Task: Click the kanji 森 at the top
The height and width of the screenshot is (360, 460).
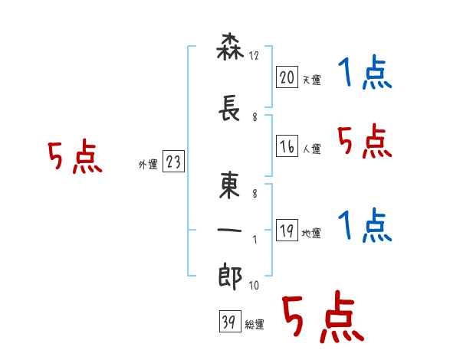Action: point(230,50)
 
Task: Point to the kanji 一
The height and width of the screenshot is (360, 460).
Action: point(230,231)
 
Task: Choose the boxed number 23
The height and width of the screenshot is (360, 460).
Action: point(173,162)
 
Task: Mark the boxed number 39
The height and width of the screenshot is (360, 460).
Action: point(228,322)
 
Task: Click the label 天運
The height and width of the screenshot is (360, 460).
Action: point(311,80)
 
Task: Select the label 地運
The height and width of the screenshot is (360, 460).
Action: point(311,234)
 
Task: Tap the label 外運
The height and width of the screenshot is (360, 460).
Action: point(147,165)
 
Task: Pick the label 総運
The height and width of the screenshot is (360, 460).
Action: point(254,325)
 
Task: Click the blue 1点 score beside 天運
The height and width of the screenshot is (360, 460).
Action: point(365,74)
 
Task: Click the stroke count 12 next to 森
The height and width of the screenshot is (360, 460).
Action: point(255,57)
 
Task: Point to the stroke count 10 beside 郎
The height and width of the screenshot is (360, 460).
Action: point(253,286)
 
